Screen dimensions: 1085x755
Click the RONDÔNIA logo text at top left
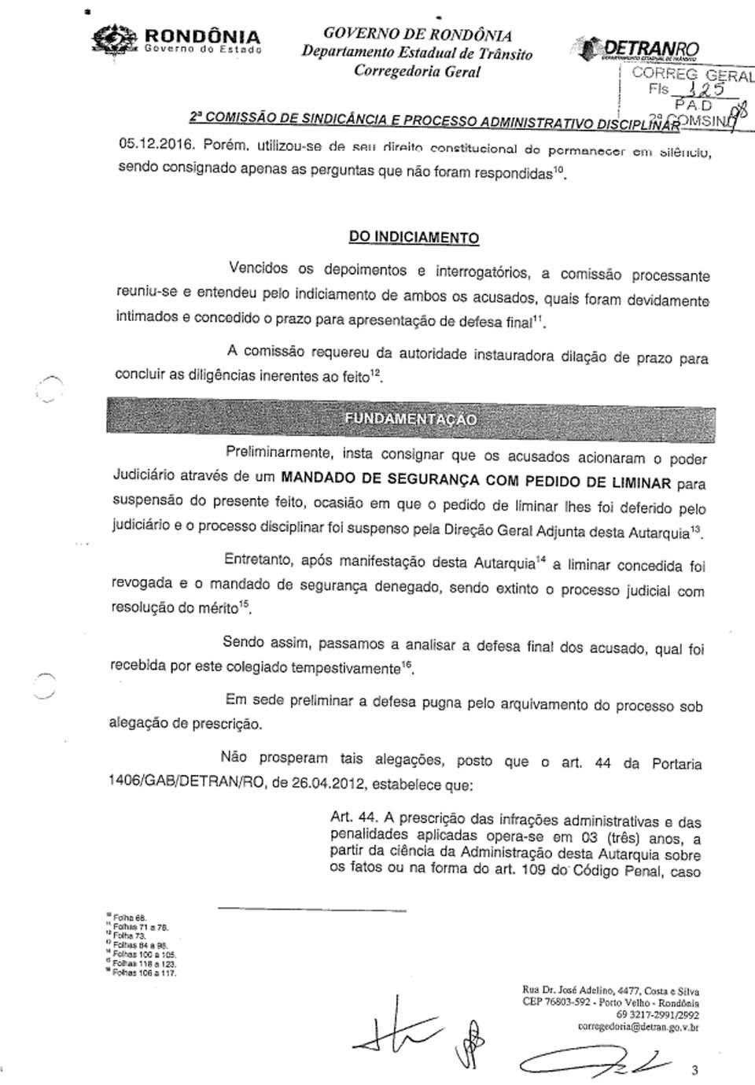(201, 36)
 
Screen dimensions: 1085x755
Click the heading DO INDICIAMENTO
(414, 237)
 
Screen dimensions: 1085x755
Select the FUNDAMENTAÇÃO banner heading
(411, 419)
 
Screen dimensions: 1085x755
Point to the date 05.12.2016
(156, 145)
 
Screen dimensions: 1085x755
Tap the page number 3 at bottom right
(694, 1069)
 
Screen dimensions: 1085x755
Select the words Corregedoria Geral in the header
(417, 72)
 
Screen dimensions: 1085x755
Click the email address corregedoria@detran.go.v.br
(638, 1027)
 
